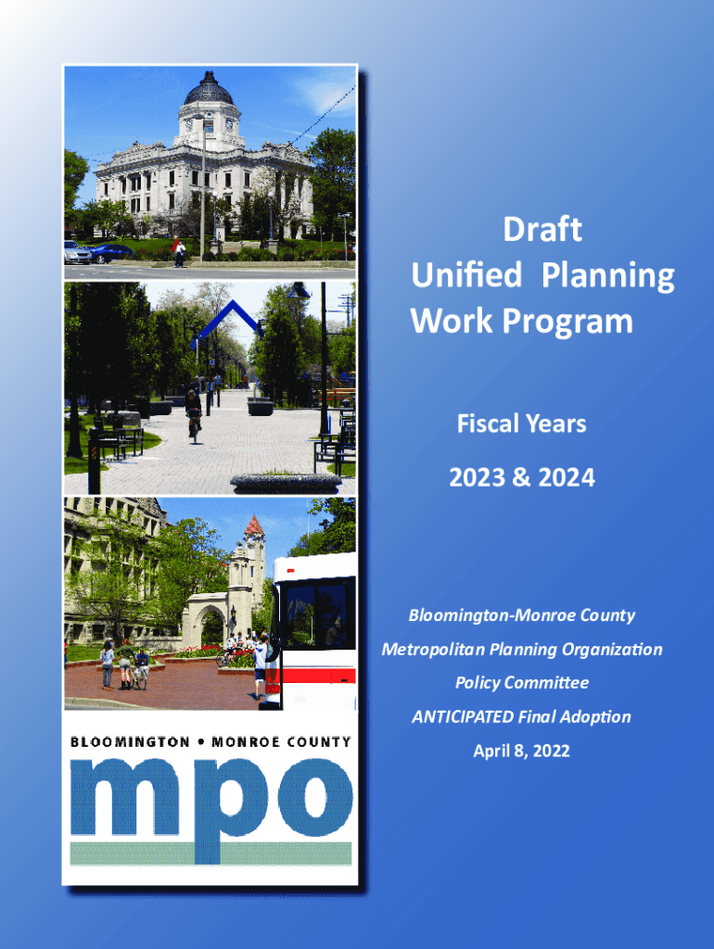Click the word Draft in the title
[542, 230]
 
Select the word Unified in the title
[466, 274]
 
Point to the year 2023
[478, 477]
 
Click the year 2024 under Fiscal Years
[567, 477]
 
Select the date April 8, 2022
[521, 751]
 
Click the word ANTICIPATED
[463, 716]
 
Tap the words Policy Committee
[522, 683]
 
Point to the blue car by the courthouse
[111, 252]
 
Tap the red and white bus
[315, 630]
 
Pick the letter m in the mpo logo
[125, 797]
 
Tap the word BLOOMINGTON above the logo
[130, 742]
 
